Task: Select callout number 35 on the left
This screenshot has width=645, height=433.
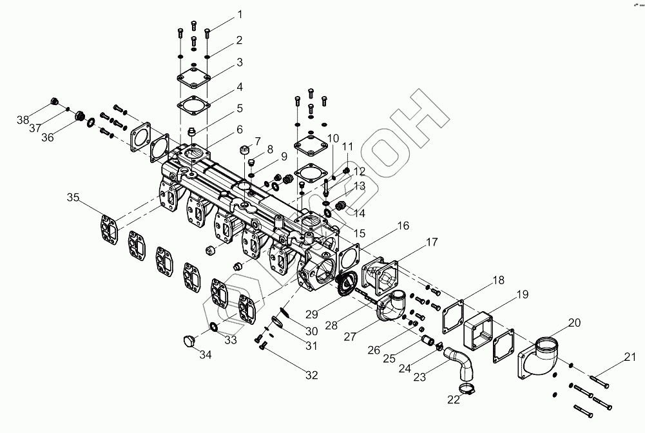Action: click(74, 198)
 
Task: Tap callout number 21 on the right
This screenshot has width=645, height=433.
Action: click(630, 357)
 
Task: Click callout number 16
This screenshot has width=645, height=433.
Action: click(403, 226)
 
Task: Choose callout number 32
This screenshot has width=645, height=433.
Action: click(257, 141)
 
